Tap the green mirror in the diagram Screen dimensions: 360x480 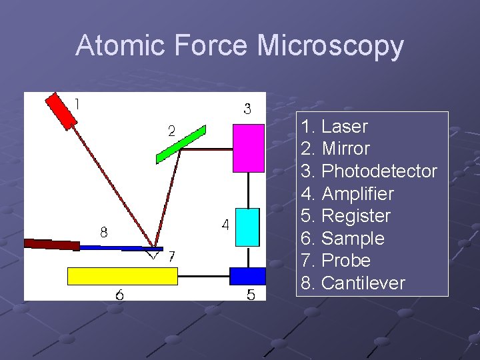coord(181,144)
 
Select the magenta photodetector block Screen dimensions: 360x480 coord(248,148)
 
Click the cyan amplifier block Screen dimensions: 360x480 coord(247,227)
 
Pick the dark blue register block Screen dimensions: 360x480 coord(247,275)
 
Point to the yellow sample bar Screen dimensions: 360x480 coord(123,275)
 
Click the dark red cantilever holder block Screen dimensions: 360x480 coord(51,244)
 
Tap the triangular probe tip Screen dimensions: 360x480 coord(154,253)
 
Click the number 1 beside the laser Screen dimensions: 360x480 coord(78,104)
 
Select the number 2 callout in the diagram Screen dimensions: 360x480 coord(171,131)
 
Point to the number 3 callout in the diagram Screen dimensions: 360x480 coord(247,109)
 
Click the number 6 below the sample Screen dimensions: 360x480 coord(119,294)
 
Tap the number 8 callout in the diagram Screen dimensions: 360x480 coord(104,233)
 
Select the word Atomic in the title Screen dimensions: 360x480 coord(121,46)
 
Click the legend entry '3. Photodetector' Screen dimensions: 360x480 coord(369,171)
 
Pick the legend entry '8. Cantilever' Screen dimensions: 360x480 coord(353,283)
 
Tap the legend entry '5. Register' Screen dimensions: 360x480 coord(345,216)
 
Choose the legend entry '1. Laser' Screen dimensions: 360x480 coord(334,127)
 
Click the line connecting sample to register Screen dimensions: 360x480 coord(203,275)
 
